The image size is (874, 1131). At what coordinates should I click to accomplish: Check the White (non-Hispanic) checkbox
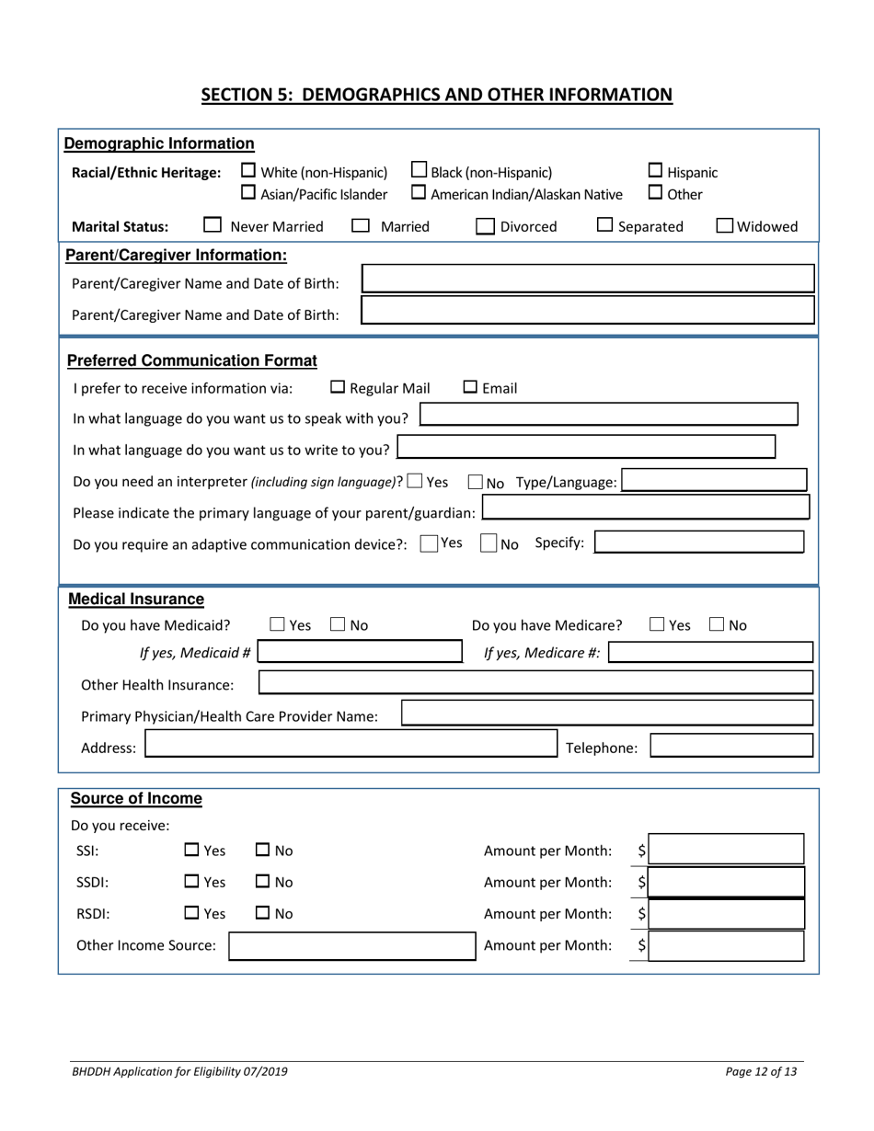click(x=248, y=172)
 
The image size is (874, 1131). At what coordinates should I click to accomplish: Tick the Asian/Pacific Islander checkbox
click(x=248, y=193)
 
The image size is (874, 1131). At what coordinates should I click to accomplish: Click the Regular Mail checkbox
click(x=337, y=388)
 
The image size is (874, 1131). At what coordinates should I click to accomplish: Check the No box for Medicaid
click(x=338, y=626)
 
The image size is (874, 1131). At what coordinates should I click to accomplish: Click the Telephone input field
click(x=731, y=748)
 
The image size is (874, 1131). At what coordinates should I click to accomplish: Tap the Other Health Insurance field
click(x=535, y=683)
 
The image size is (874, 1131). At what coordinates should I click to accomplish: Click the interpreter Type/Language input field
click(x=714, y=481)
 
